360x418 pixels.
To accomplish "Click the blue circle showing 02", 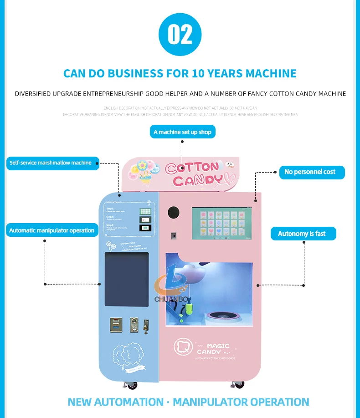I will click(x=180, y=34).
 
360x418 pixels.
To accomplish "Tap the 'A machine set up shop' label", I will click(x=182, y=132).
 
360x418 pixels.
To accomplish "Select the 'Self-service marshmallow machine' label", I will click(x=51, y=163).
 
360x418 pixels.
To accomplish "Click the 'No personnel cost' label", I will click(x=311, y=172).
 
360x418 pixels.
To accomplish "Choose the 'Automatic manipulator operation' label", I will click(x=51, y=230).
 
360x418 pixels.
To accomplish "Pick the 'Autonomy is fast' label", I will click(x=302, y=234).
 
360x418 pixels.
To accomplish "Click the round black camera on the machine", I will click(x=174, y=212).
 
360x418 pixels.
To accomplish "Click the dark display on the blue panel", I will click(x=127, y=279).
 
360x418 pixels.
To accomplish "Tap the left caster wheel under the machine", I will click(x=131, y=385).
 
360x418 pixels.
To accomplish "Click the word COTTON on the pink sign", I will click(x=192, y=168).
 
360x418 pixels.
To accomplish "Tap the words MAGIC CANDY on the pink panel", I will click(x=213, y=349).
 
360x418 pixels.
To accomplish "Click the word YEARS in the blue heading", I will click(x=220, y=73).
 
